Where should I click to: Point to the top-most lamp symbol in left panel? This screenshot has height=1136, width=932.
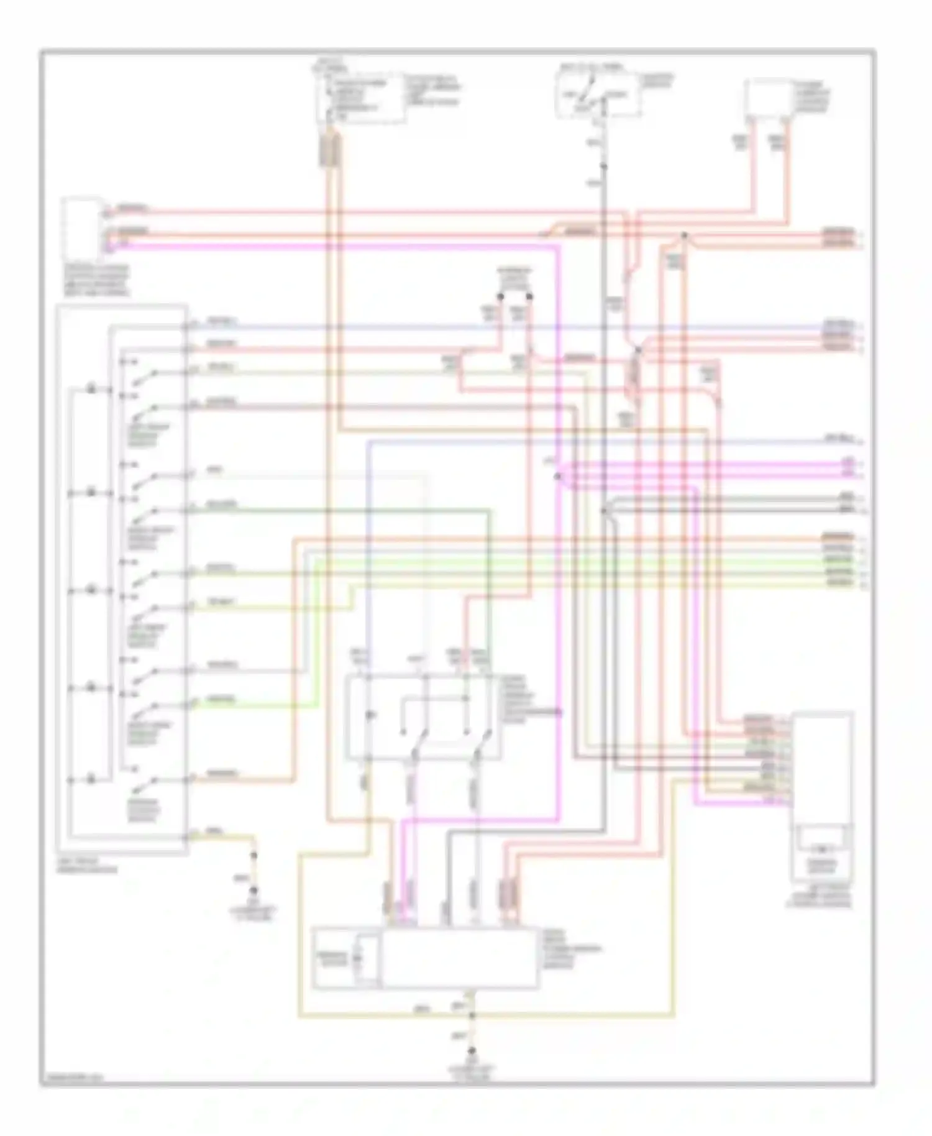click(91, 390)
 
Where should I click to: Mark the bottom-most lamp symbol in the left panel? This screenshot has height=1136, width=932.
click(91, 779)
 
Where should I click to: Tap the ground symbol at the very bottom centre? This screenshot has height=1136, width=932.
click(472, 1051)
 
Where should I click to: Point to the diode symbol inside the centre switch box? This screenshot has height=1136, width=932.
click(370, 716)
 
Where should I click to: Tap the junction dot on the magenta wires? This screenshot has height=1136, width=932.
click(557, 477)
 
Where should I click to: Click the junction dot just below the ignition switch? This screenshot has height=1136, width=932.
click(603, 166)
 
